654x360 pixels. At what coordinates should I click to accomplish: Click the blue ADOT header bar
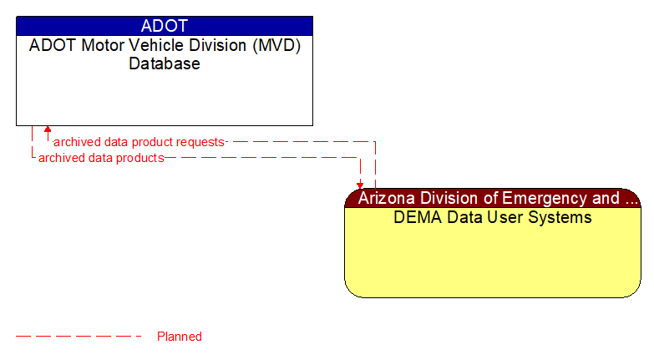164,25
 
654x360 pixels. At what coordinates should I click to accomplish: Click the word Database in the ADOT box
164,63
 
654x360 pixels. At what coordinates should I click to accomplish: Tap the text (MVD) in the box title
280,46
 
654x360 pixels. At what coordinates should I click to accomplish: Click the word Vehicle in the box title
150,46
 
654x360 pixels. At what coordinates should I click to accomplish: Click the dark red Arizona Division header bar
493,198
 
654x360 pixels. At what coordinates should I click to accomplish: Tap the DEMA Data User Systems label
493,217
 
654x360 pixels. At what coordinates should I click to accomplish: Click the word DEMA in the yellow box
415,217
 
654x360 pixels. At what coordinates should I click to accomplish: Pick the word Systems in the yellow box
563,217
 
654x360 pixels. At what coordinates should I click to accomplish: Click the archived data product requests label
139,142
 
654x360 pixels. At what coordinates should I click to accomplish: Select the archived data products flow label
101,157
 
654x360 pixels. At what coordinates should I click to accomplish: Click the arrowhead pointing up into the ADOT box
48,129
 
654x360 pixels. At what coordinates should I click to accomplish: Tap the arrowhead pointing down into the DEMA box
361,185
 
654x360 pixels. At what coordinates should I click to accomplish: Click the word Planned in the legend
180,337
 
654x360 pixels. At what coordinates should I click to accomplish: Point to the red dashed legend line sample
79,337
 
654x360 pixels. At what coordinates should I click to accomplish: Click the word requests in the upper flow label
201,142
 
